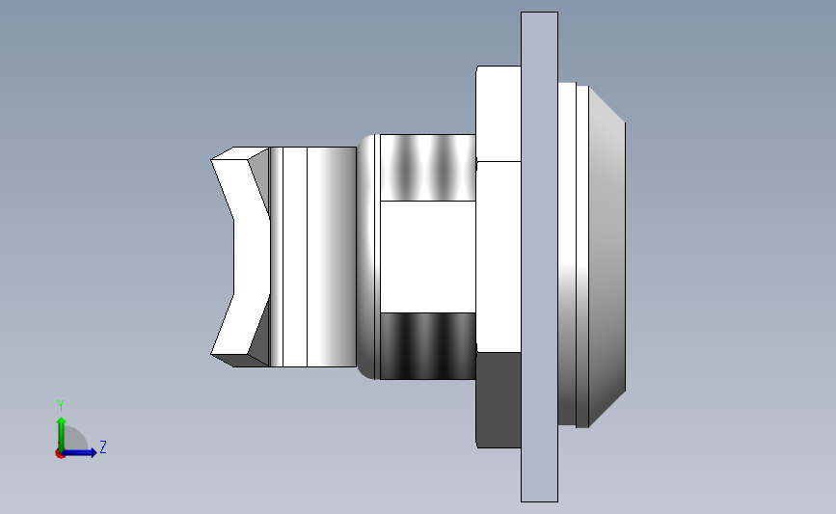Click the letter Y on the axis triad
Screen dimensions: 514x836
tap(61, 405)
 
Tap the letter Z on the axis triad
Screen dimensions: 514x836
tap(102, 447)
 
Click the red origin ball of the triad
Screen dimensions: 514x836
tap(60, 453)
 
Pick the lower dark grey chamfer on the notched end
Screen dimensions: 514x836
tap(258, 333)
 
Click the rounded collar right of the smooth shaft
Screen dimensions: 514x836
tap(369, 257)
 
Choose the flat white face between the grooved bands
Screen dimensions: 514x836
tap(428, 257)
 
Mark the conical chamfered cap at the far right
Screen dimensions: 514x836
tap(607, 257)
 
